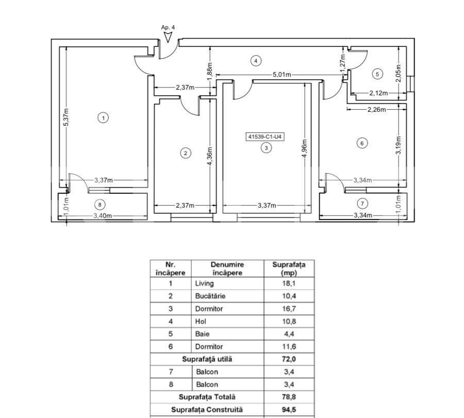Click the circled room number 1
click(103, 118)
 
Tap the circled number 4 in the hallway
click(256, 61)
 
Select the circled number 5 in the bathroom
click(377, 74)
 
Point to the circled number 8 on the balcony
click(100, 205)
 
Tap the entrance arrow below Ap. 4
click(168, 37)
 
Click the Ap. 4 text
click(168, 27)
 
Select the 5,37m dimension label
click(67, 117)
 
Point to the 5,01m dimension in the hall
click(281, 75)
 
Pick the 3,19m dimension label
click(399, 145)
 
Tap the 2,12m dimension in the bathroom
click(378, 93)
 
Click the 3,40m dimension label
click(103, 216)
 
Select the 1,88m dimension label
click(210, 71)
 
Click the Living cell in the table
click(205, 283)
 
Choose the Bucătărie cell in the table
click(210, 296)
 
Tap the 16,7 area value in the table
click(289, 309)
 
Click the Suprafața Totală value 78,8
click(289, 397)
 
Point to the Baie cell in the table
click(203, 334)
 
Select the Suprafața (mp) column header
click(289, 269)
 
